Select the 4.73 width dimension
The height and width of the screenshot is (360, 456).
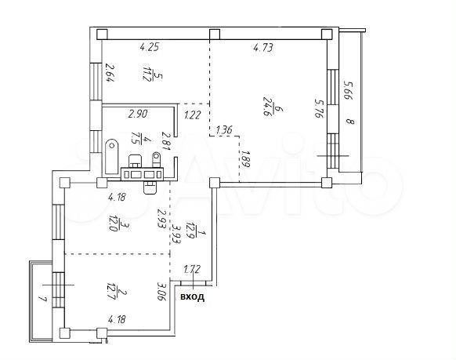(263, 48)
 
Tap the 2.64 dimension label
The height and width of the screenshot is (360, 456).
(110, 74)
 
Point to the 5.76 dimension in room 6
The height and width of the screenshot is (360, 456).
(318, 107)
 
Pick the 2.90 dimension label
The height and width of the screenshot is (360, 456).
(138, 114)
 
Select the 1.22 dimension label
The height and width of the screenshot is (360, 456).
(193, 115)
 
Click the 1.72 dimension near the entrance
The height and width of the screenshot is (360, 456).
(191, 270)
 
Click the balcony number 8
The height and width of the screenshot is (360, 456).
(350, 122)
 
